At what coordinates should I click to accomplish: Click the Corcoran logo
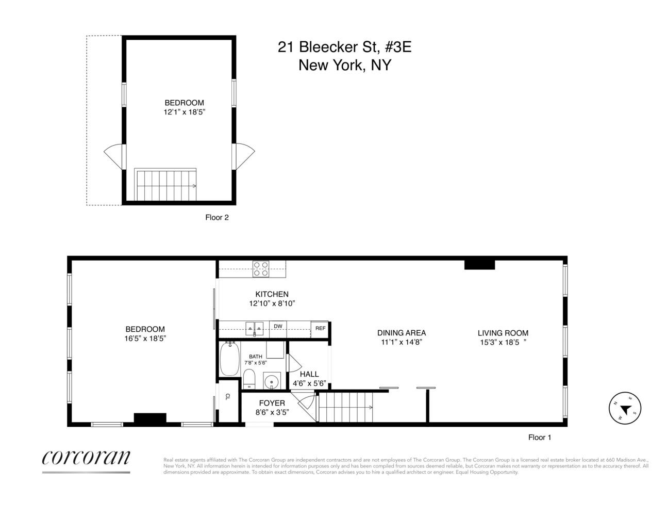pos(86,457)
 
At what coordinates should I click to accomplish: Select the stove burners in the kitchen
pos(261,269)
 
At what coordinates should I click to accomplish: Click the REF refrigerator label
pos(320,328)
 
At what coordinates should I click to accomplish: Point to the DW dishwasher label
pos(278,326)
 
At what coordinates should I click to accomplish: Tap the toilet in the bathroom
pos(249,378)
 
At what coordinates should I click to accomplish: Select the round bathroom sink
pos(271,382)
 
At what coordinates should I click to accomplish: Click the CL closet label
pos(227,397)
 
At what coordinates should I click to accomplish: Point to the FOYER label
pos(272,403)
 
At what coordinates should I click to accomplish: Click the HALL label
pos(309,374)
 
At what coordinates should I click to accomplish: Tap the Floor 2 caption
pos(217,217)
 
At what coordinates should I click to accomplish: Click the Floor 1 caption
pos(540,437)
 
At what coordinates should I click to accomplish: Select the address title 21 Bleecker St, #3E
pos(344,47)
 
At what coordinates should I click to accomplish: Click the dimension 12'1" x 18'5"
pos(184,111)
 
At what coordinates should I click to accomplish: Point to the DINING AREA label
pos(402,333)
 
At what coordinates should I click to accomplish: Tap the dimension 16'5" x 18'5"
pos(145,338)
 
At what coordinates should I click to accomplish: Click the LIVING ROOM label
pos(503,333)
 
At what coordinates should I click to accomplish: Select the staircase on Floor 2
pos(165,185)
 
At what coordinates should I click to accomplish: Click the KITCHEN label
pos(272,294)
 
